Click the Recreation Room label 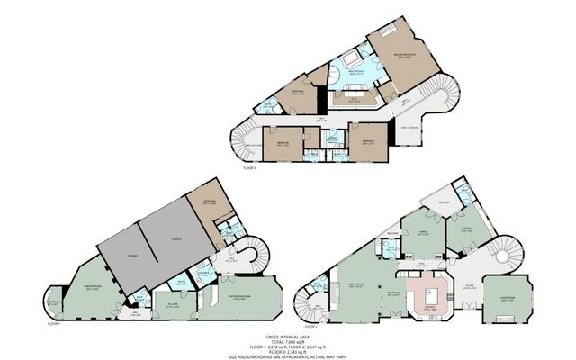click(238, 294)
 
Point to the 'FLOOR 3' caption click(249, 167)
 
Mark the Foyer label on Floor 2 click(468, 289)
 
